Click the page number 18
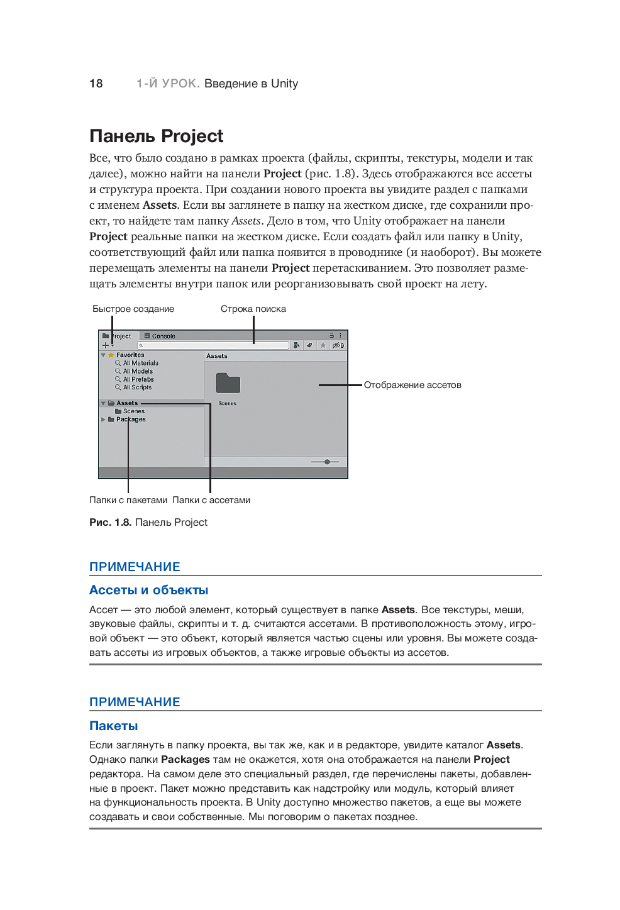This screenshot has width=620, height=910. click(96, 84)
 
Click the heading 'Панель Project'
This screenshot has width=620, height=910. click(156, 136)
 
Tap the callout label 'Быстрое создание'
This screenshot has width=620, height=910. click(133, 309)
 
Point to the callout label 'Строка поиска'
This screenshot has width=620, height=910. click(253, 309)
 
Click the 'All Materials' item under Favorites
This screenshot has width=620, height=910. click(140, 363)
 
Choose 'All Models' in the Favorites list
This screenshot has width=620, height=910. click(138, 371)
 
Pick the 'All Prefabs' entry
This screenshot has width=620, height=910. click(138, 379)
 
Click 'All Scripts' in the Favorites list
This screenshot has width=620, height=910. click(137, 387)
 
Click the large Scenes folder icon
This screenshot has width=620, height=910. click(228, 383)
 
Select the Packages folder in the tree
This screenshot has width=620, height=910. click(130, 419)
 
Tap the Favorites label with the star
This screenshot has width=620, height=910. click(130, 355)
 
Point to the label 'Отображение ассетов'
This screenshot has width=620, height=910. click(412, 385)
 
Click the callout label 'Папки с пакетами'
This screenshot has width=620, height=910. click(128, 500)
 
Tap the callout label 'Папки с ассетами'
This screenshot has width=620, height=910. click(211, 500)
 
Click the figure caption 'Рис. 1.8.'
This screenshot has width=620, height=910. click(111, 522)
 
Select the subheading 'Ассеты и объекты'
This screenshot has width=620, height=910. click(148, 590)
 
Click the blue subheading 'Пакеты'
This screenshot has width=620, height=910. click(113, 726)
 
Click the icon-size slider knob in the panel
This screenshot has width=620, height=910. click(327, 462)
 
